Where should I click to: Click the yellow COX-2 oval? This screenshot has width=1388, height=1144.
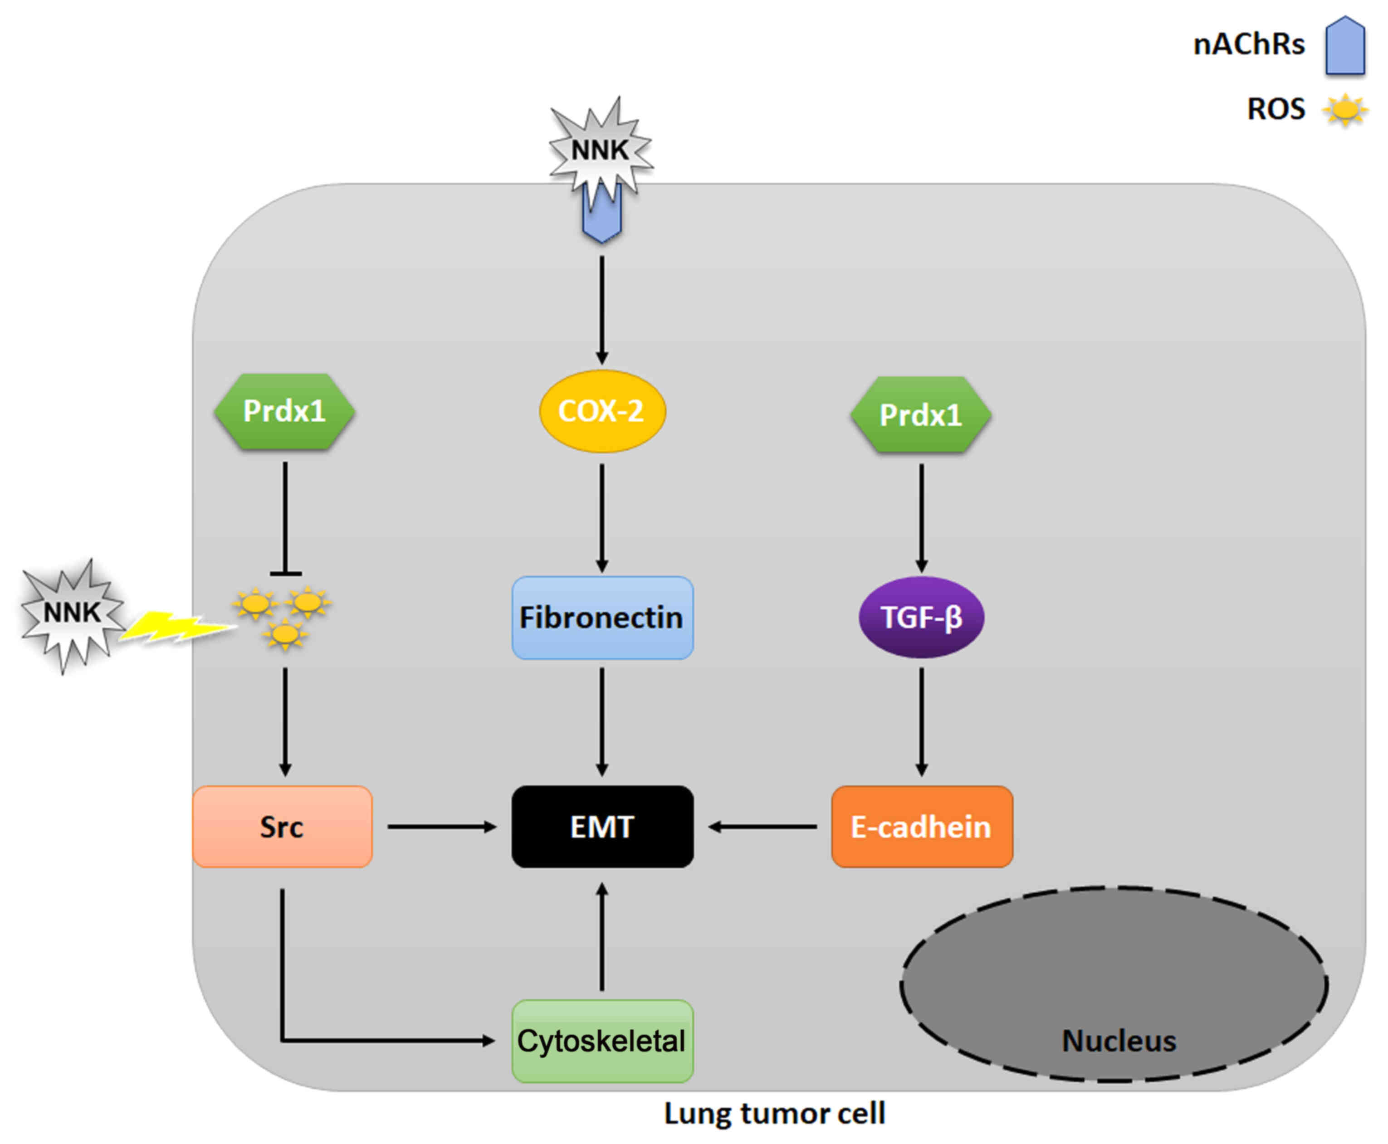tap(602, 411)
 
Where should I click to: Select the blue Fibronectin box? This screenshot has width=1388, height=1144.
tap(602, 618)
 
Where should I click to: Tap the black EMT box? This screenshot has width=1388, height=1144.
tap(602, 826)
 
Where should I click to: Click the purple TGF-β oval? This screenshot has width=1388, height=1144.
tap(921, 618)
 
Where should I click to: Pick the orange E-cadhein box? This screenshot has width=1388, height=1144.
tap(921, 826)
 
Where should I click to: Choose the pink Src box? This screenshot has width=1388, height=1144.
tap(282, 826)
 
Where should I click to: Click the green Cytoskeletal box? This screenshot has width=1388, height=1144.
tap(602, 1041)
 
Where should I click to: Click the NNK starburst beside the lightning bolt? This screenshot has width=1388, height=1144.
tap(71, 613)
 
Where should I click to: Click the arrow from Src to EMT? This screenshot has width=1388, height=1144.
tap(442, 826)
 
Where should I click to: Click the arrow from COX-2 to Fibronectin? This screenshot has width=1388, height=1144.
tap(602, 517)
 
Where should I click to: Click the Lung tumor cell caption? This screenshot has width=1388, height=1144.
tap(774, 1114)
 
